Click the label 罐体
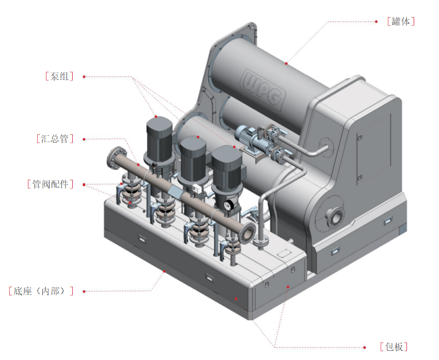pos(401,22)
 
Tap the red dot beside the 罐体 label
pos(378,22)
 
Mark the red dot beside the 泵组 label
pos(84,76)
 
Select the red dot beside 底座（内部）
pos(84,291)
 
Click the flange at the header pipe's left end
pos(114,158)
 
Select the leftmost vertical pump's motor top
pos(158,124)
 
